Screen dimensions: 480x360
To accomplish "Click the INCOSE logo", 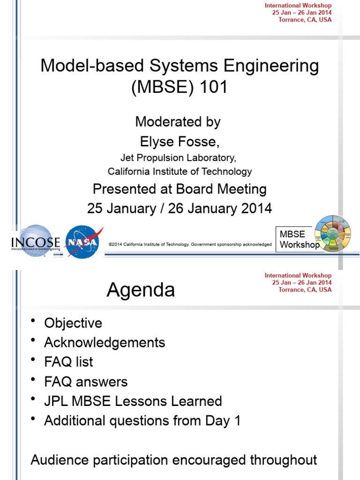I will (x=36, y=242).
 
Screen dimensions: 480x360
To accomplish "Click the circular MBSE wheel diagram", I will (x=332, y=234).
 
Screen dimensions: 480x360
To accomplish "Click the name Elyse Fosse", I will (x=179, y=142).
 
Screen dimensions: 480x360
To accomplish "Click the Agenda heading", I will (x=141, y=290).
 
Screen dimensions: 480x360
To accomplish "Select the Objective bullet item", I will (x=73, y=323).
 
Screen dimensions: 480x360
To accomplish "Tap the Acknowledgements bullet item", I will (x=105, y=343).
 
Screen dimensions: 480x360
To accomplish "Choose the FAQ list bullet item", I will (x=68, y=362).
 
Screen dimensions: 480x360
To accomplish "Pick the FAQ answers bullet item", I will (x=86, y=382).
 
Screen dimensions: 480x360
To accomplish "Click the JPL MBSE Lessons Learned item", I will (x=133, y=401).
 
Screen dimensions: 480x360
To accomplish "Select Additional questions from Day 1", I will (x=142, y=420).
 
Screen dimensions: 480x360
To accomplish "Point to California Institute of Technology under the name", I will (x=180, y=172).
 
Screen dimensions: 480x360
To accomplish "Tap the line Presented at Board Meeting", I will (x=180, y=189).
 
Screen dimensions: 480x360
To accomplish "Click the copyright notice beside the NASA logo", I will (x=190, y=244).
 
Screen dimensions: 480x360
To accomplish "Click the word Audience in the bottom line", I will (x=59, y=459).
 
